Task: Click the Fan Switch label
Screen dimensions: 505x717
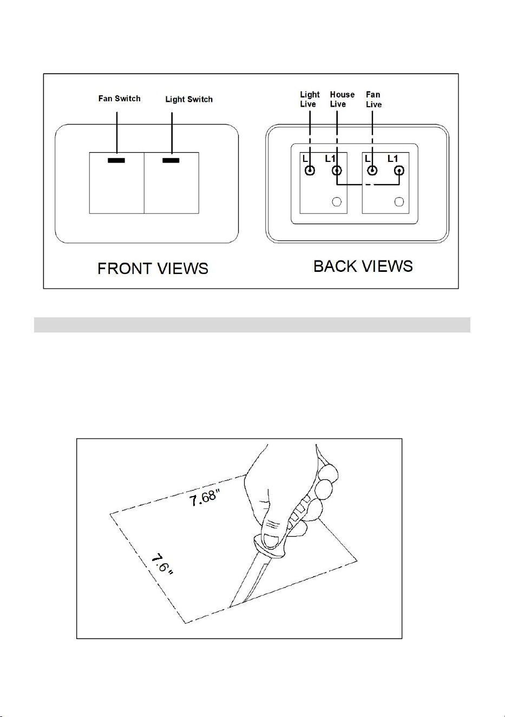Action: (x=120, y=99)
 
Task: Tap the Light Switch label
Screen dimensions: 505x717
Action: (x=189, y=99)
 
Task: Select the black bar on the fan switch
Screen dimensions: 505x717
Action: (x=116, y=160)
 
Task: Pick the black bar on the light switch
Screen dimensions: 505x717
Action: (x=171, y=160)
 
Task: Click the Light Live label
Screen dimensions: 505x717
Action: (x=310, y=99)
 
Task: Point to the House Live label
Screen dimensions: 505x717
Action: (x=342, y=99)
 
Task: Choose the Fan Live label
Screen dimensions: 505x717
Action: (x=374, y=100)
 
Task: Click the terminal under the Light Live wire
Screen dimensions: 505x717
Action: (x=310, y=170)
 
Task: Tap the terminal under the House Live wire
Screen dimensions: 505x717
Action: (x=337, y=170)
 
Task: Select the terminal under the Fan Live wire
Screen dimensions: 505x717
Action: (x=372, y=170)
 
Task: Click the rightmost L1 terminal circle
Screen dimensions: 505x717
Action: (x=399, y=170)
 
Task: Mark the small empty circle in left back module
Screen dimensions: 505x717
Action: (x=337, y=201)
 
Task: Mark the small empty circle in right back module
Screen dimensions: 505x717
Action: (x=399, y=201)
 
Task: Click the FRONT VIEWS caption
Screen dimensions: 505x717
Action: (x=153, y=268)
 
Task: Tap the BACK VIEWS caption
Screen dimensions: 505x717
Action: (x=363, y=266)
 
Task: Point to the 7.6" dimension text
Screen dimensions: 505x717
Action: (x=162, y=564)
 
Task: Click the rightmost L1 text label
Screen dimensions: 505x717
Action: (x=392, y=159)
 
